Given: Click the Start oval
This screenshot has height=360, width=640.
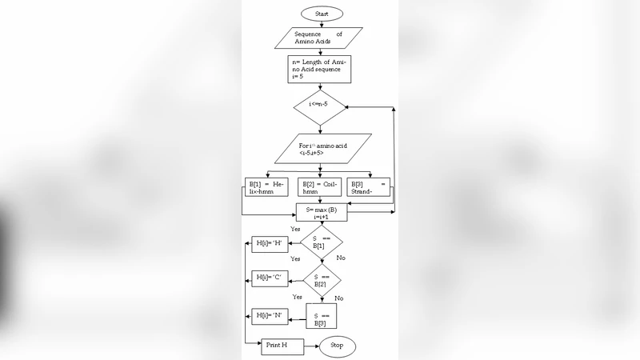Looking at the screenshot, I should [x=322, y=14].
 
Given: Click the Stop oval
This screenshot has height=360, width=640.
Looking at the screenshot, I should [x=338, y=346].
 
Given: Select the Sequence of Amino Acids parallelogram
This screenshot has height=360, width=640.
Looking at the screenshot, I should [x=318, y=38].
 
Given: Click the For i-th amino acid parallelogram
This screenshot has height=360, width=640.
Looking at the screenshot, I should [x=322, y=149].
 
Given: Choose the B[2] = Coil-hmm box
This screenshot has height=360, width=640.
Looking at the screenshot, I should [x=320, y=189].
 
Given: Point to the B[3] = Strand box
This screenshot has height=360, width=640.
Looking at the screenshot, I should [x=370, y=189].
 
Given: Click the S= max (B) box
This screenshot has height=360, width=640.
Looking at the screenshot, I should [x=322, y=213].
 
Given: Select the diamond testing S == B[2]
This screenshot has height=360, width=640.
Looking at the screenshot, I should [x=322, y=278].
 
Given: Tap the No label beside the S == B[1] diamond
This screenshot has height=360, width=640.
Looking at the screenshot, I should [x=341, y=258].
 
